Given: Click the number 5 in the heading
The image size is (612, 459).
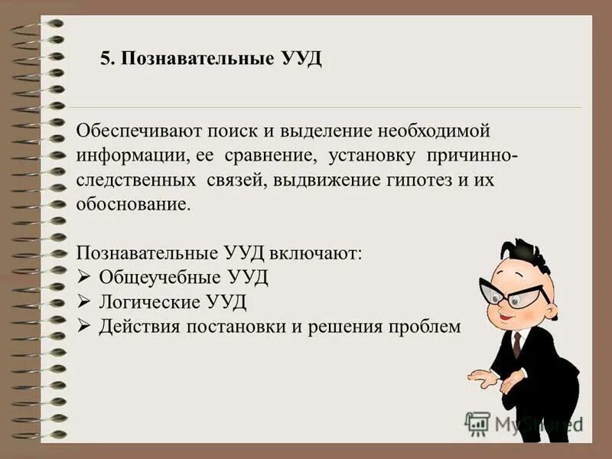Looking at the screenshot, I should (x=106, y=60).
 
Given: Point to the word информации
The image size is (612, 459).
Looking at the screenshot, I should (x=129, y=157).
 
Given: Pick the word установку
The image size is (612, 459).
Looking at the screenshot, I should (x=372, y=157).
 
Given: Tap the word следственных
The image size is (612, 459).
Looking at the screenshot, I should (x=134, y=182).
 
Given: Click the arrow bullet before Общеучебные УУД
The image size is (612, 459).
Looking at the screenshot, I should (x=84, y=277).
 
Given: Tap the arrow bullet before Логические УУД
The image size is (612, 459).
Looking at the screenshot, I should (x=84, y=301).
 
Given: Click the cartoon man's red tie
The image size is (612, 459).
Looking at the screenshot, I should (x=517, y=344).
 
